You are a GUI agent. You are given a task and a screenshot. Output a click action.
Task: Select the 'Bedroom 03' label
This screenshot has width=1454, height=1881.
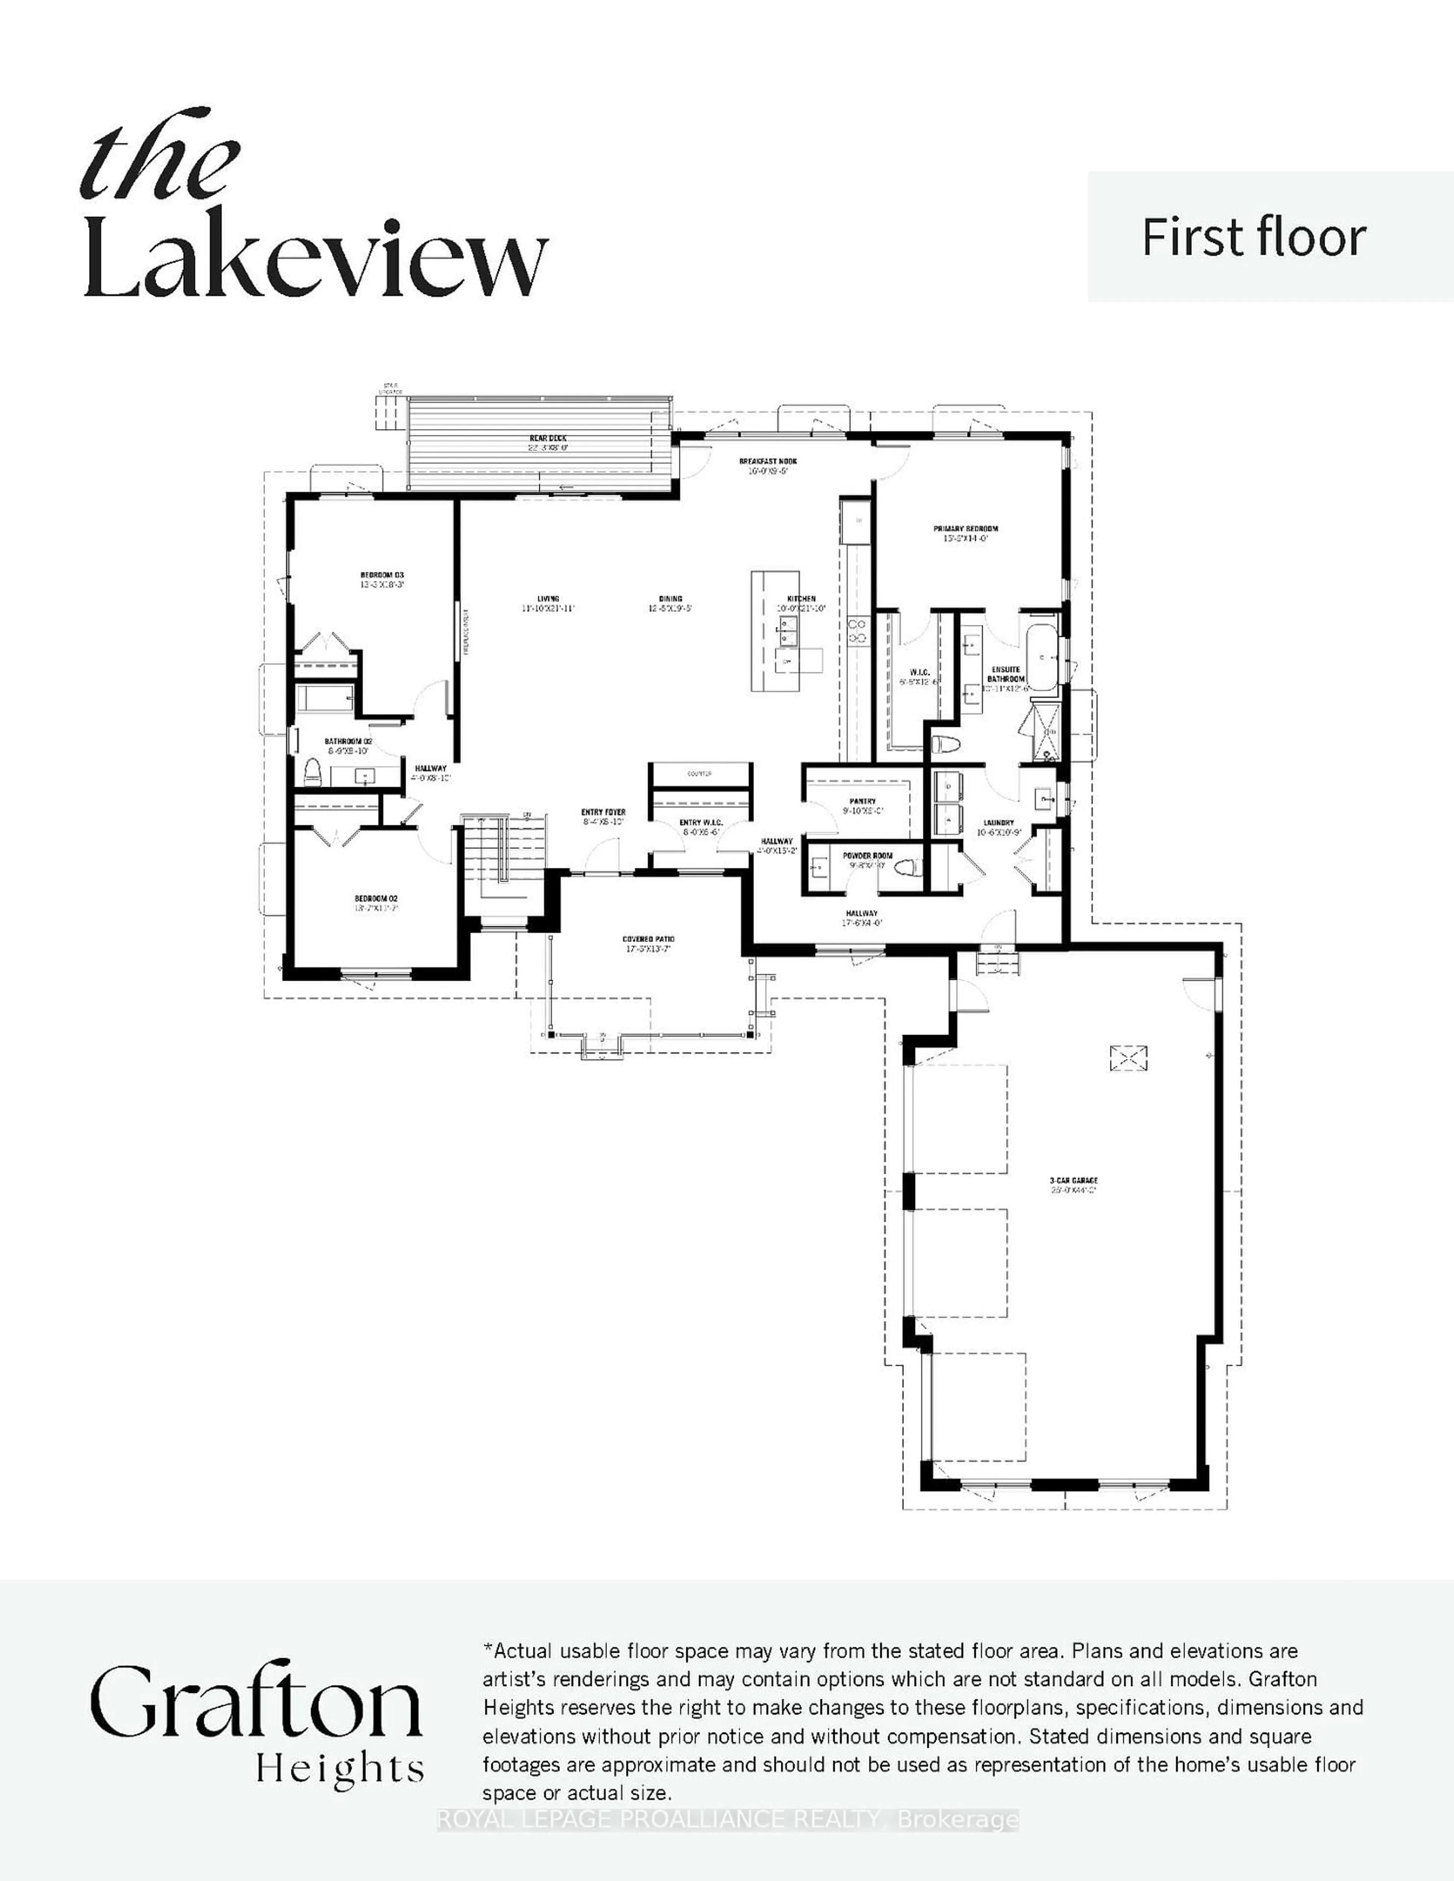(x=382, y=574)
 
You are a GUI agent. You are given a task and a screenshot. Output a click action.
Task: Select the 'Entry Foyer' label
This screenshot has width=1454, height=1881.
(x=603, y=812)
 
